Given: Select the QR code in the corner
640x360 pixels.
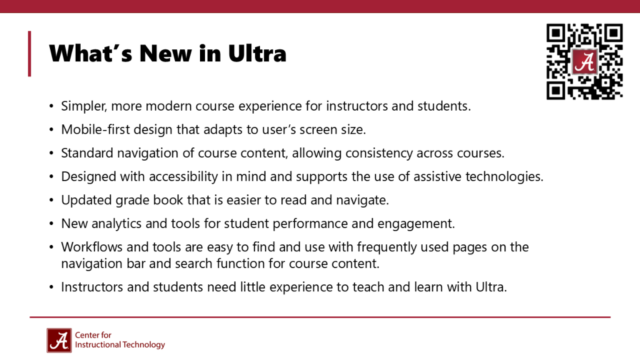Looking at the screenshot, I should click(x=584, y=61).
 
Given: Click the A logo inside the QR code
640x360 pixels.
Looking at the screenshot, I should click(x=584, y=62).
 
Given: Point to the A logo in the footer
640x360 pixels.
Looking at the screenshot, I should click(x=59, y=340).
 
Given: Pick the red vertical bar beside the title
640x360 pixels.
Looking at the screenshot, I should click(x=29, y=54).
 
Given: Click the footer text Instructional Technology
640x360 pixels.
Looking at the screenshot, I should click(x=120, y=345).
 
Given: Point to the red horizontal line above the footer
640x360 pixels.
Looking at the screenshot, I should click(x=320, y=317).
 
